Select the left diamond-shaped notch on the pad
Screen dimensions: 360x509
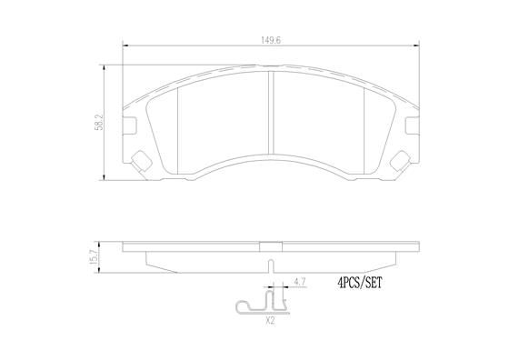pyautogui.click(x=141, y=160)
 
